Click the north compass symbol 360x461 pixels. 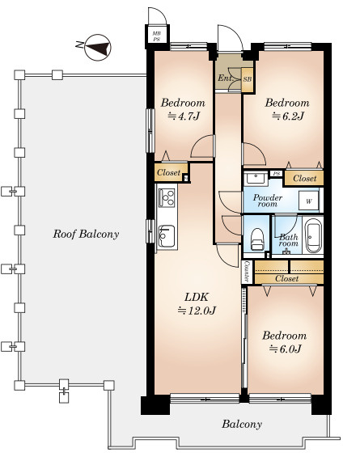97,48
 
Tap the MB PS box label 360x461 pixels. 156,36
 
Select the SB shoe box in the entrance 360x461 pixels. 248,79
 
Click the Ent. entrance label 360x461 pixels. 225,78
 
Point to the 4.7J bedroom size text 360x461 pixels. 184,116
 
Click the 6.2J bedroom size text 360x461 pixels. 287,116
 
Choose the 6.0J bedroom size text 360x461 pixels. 285,349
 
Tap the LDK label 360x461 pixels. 197,297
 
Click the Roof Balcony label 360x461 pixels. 86,234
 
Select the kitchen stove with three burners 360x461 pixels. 167,198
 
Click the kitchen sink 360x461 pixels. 167,236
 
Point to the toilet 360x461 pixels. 257,239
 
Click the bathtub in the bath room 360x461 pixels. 314,236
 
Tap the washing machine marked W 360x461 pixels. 308,201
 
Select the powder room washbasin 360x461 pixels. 256,178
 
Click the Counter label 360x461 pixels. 247,272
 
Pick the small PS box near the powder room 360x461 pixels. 276,173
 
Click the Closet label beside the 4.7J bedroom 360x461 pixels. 168,172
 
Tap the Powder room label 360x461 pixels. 268,201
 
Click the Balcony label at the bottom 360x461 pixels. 242,425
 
